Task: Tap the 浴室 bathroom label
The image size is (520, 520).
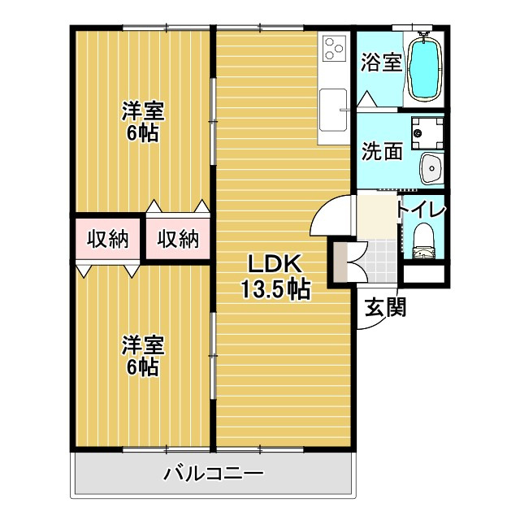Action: click(382, 63)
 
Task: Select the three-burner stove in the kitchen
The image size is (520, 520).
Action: click(334, 48)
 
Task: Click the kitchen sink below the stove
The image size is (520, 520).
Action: click(334, 109)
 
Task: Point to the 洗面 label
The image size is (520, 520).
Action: click(382, 152)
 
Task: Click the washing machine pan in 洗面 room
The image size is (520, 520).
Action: click(427, 130)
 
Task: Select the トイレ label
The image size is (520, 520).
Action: click(421, 209)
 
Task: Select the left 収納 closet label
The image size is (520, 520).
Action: click(108, 239)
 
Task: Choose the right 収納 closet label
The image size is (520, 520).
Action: click(178, 239)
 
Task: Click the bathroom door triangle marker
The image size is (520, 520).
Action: click(366, 100)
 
